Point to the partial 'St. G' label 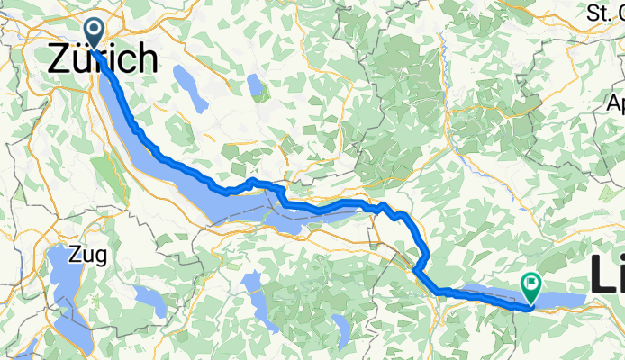605,12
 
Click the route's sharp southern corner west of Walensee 416,267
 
